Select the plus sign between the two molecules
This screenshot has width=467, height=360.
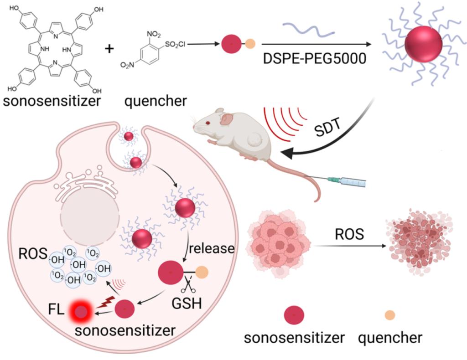109,48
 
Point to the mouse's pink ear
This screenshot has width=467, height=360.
227,119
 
